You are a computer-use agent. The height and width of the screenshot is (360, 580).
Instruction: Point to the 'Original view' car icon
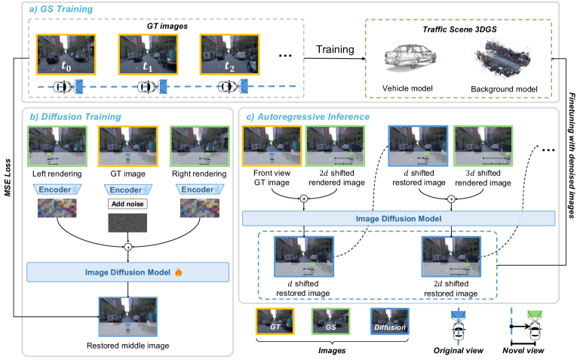(x=457, y=325)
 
